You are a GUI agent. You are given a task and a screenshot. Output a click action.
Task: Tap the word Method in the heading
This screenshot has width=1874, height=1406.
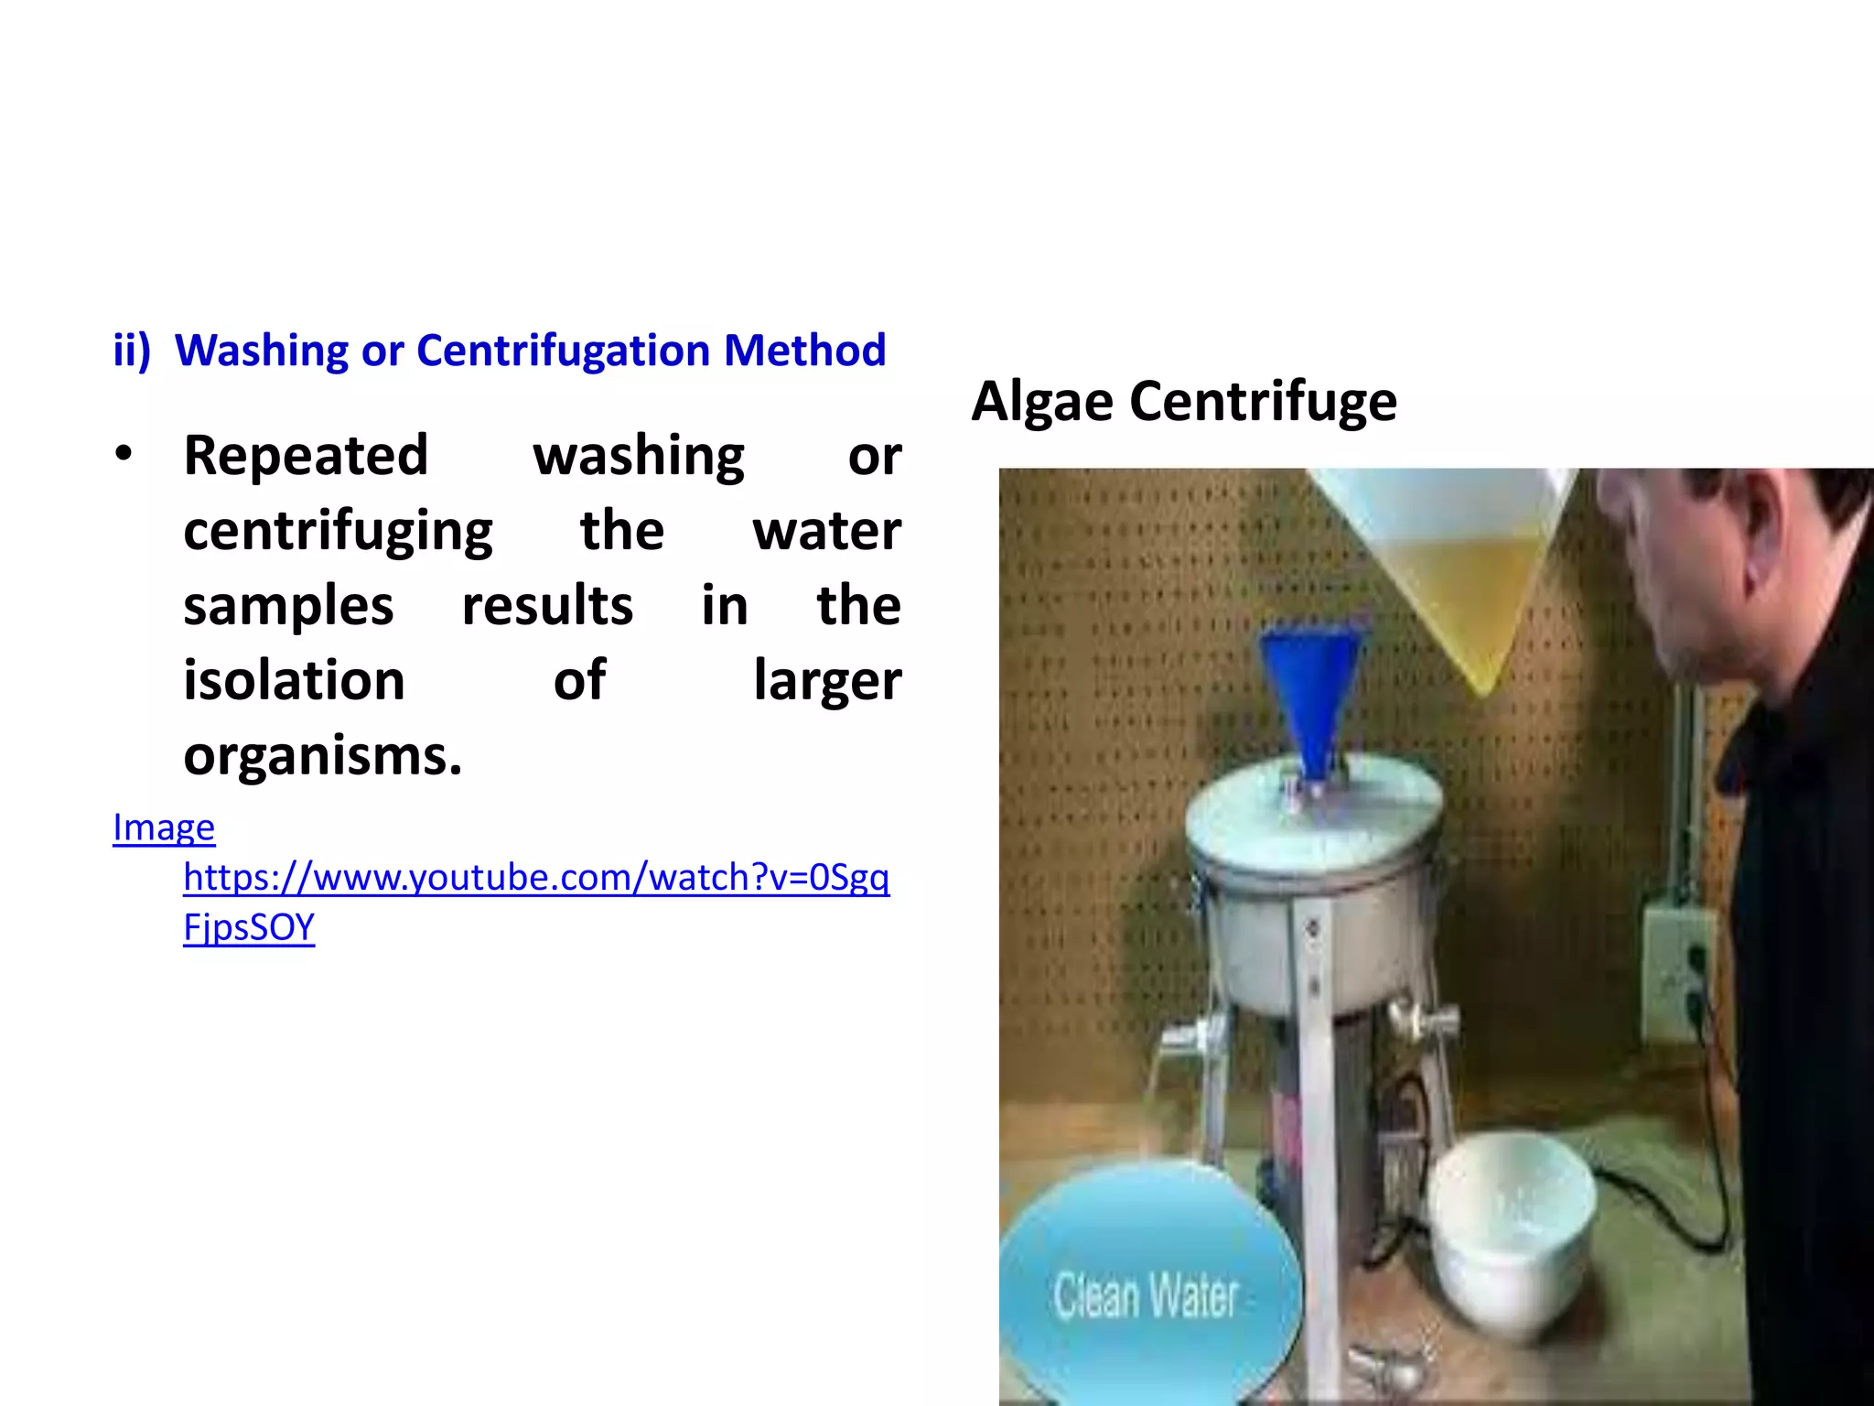[x=804, y=351]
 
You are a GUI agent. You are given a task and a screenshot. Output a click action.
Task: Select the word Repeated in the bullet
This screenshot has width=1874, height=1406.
[x=306, y=455]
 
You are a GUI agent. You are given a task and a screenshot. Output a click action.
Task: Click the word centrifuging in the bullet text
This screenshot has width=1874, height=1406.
[x=338, y=532]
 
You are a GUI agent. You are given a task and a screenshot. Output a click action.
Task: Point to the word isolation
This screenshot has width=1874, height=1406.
[x=294, y=680]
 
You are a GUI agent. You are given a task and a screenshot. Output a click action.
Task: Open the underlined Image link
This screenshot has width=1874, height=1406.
[x=164, y=827]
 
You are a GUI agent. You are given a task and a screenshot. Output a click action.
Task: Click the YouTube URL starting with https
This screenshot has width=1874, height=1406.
[x=536, y=877]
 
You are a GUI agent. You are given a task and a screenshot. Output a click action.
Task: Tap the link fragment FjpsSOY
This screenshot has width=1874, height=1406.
[x=249, y=927]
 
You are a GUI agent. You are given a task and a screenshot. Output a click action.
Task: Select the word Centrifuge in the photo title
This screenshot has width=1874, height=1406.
[x=1263, y=402]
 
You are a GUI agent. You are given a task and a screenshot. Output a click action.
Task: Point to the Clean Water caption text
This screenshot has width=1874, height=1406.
[x=1146, y=1295]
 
